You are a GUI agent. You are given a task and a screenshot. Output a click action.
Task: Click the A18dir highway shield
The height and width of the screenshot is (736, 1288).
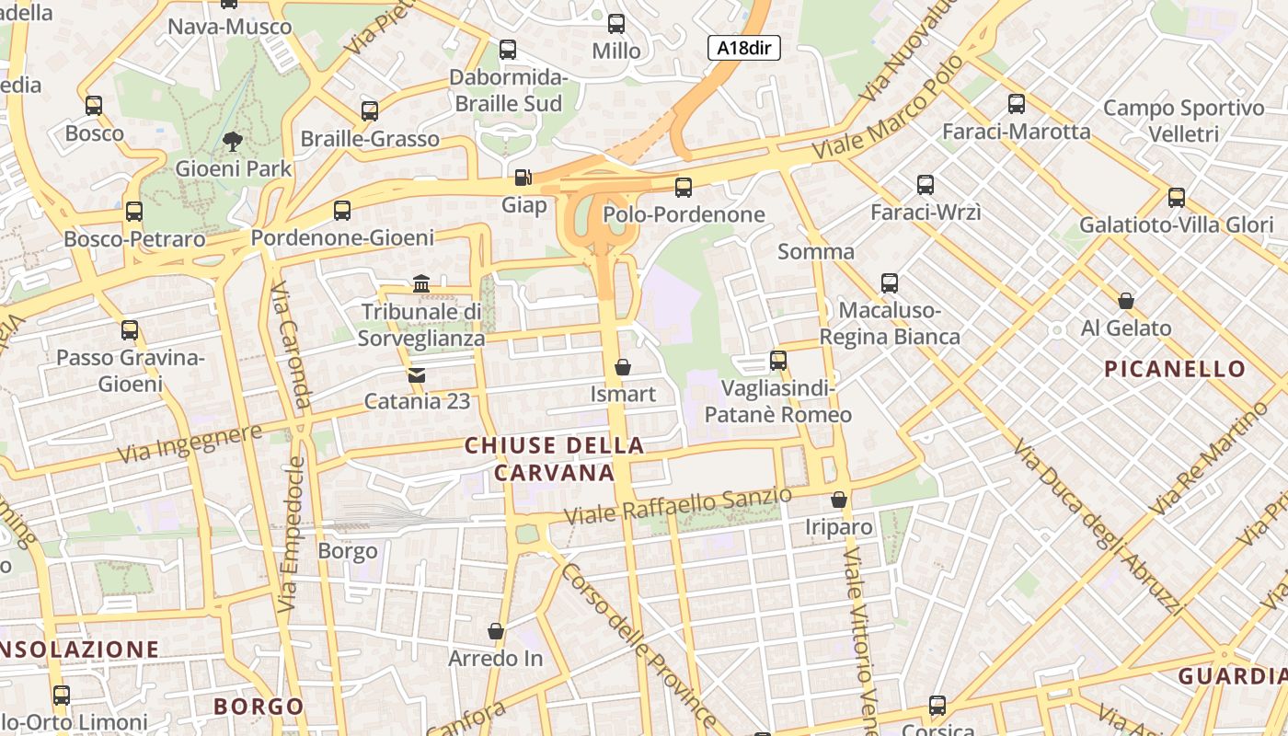pos(743,49)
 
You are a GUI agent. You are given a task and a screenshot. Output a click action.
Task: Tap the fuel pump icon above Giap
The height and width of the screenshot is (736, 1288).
pos(523,177)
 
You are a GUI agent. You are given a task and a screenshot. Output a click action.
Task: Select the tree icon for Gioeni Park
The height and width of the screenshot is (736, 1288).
pos(233,142)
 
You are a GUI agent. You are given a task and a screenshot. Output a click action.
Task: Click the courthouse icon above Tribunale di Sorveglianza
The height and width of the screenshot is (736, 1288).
pos(421,283)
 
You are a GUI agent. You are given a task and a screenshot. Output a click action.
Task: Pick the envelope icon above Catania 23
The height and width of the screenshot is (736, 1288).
pos(417,374)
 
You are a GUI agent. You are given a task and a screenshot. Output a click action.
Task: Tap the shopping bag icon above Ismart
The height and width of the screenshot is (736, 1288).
pos(623,367)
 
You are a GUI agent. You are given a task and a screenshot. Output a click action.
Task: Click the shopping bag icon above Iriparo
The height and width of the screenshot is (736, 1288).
pos(838,500)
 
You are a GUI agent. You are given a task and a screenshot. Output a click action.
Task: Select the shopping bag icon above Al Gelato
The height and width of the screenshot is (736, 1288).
pos(1125,301)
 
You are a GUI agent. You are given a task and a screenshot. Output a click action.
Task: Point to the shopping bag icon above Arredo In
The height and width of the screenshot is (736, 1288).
pos(496,631)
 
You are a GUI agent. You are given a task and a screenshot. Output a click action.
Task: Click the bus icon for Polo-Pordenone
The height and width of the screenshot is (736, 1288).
pos(683,188)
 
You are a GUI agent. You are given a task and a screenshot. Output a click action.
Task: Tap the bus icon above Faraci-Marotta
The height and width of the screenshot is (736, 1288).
pos(1016,104)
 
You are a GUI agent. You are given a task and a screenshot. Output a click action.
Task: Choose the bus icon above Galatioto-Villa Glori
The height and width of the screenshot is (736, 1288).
pos(1176,197)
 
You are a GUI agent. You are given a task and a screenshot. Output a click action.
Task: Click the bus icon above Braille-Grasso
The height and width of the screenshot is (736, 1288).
pos(370,111)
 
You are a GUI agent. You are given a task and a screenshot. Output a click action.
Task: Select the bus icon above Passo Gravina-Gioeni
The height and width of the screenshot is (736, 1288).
pos(130,330)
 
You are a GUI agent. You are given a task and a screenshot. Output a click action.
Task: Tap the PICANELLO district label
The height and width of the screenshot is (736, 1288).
pos(1175,369)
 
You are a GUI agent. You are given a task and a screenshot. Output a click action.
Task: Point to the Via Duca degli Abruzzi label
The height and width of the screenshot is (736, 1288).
pos(1097,526)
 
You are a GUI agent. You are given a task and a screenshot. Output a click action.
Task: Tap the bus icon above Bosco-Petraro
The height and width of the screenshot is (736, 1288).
pos(134,212)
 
